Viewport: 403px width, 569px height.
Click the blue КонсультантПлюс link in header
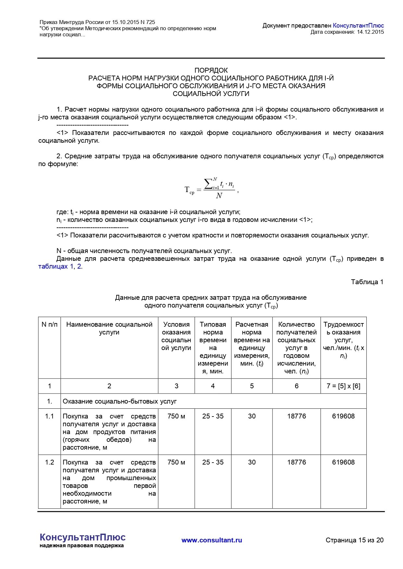pos(358,26)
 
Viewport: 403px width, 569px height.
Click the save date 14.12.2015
pos(370,32)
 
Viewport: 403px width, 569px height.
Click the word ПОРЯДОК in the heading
pos(211,70)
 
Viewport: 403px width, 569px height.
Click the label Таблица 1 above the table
pos(367,282)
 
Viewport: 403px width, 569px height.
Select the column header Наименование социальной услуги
pos(109,328)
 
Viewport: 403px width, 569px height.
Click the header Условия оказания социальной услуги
pos(176,336)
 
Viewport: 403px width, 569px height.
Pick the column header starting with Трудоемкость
pos(343,340)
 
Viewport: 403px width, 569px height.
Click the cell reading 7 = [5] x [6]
pos(343,386)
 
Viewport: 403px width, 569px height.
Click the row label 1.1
pos(49,416)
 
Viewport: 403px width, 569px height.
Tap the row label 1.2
pos(49,462)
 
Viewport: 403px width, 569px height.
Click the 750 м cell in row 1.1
pos(176,416)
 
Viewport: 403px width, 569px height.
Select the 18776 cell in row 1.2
pos(296,462)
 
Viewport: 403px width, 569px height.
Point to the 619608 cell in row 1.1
pos(343,416)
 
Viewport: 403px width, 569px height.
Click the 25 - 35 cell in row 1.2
pos(213,462)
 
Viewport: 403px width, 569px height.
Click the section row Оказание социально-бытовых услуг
pos(120,401)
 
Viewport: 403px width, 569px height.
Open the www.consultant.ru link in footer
pos(212,540)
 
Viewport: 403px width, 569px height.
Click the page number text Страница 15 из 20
pos(354,540)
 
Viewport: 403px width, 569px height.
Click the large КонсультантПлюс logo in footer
pos(82,537)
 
